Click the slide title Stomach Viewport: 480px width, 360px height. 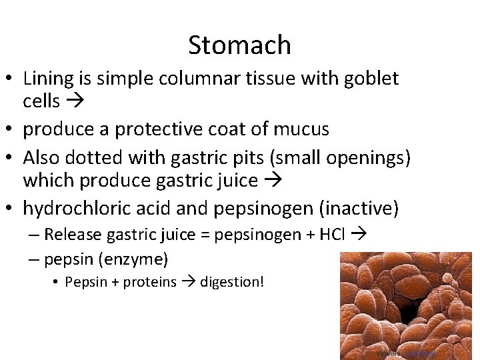point(239,45)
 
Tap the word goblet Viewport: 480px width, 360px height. point(371,79)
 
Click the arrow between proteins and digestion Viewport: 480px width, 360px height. point(187,282)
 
